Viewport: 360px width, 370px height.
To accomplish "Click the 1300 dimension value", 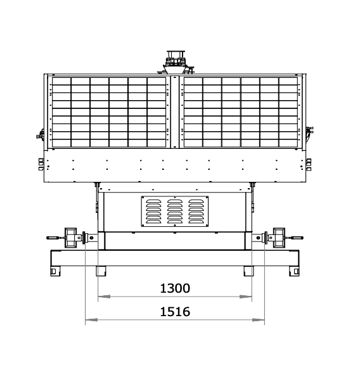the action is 175,288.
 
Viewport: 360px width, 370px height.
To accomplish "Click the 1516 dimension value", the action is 175,312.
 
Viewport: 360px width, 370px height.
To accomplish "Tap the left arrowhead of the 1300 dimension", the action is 104,297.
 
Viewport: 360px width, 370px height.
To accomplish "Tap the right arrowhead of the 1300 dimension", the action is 246,297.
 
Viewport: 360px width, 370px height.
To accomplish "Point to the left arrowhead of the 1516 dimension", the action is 91,320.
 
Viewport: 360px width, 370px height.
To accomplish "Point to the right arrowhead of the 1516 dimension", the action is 259,320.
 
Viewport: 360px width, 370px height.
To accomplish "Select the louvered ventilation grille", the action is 175,211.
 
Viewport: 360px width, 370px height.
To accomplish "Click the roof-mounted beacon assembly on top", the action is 176,62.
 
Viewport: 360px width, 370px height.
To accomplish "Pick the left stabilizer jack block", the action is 71,238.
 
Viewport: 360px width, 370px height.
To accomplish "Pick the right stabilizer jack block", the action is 279,238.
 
